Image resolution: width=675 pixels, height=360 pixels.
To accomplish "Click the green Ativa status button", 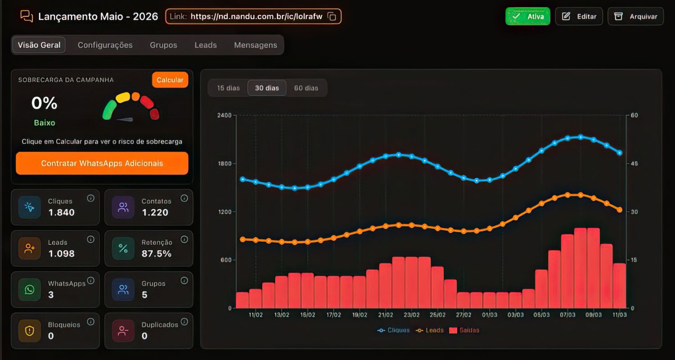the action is click(528, 16).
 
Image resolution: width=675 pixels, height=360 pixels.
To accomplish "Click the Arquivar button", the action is click(635, 16).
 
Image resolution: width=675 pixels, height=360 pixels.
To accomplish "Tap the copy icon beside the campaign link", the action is click(332, 16).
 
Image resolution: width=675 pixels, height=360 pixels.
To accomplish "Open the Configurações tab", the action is click(105, 45).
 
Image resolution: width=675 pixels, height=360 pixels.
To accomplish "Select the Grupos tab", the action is click(163, 45).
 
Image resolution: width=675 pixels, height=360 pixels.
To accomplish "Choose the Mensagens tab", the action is click(256, 45).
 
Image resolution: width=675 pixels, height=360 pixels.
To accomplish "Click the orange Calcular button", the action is click(170, 80).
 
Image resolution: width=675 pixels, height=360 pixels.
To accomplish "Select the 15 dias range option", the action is click(229, 88).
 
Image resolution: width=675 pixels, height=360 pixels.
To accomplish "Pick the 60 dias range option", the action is click(306, 88).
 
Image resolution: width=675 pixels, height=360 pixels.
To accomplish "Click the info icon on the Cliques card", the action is click(90, 198).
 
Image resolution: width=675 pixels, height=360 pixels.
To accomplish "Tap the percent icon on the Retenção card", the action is click(123, 248).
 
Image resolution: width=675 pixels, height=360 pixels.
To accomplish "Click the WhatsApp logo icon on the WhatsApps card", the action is click(30, 289).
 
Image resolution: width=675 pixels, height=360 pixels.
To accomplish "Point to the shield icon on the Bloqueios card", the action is click(30, 331).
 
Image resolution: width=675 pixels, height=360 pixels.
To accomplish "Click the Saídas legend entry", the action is click(464, 330).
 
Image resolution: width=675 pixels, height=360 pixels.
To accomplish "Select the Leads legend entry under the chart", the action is click(429, 330).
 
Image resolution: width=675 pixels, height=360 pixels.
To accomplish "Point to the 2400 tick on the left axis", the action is click(224, 115).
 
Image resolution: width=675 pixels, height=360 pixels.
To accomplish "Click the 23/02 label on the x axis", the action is click(412, 315).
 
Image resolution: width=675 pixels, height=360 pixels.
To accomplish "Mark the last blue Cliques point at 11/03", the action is click(620, 153).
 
